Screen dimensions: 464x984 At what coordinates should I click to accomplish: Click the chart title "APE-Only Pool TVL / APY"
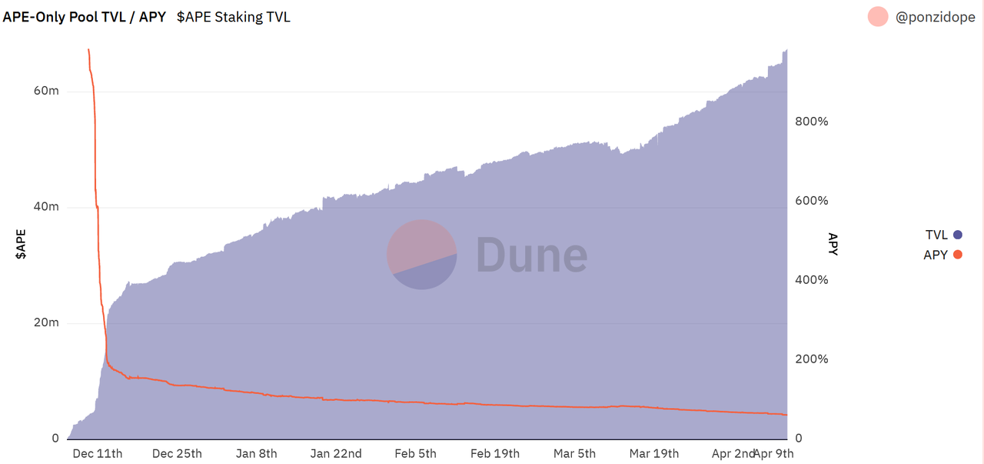[85, 16]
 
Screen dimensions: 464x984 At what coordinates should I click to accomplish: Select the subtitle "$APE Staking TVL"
[234, 16]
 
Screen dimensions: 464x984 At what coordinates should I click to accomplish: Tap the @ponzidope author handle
[935, 16]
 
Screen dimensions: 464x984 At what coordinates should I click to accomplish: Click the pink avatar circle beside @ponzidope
[878, 16]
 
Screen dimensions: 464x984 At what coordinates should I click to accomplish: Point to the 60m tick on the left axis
[46, 91]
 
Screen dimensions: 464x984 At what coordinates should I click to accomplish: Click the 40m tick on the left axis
[46, 207]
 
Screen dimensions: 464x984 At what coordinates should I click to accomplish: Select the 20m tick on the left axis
[46, 322]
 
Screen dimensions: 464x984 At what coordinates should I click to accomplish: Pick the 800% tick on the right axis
[810, 122]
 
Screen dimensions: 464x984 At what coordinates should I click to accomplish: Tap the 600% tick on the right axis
[810, 201]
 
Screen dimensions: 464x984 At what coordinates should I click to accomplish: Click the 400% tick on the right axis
[810, 280]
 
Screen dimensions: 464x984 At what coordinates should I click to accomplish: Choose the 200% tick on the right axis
[810, 359]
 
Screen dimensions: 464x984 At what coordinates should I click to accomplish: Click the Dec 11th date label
[97, 453]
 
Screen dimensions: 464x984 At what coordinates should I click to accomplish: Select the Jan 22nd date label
[336, 453]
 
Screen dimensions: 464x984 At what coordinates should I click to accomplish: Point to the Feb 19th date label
[494, 453]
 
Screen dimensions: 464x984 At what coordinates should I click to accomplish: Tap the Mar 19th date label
[653, 453]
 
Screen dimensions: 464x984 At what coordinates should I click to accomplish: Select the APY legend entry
[942, 255]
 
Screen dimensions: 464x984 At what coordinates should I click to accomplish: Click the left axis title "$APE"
[22, 243]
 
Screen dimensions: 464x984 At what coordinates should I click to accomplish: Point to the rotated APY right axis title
[833, 243]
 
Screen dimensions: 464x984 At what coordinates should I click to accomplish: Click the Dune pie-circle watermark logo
[421, 255]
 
